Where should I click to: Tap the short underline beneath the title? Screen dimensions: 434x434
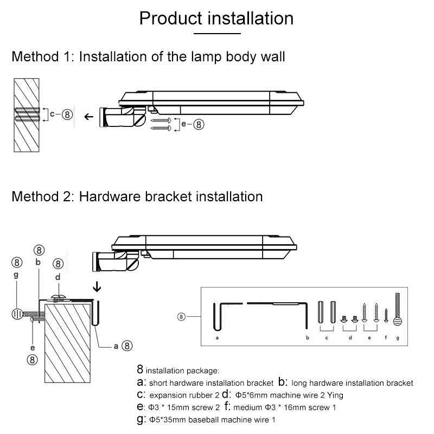[x=217, y=34]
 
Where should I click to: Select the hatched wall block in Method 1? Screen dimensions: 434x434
[x=28, y=117]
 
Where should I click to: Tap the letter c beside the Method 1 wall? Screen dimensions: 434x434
[x=52, y=114]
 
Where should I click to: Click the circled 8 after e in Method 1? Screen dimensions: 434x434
[x=199, y=124]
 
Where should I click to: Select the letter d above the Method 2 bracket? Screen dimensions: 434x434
[x=58, y=277]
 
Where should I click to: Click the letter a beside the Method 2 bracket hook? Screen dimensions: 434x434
[x=116, y=345]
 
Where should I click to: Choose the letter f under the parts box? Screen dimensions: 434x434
[x=386, y=337]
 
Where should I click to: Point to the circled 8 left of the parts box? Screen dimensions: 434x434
[x=181, y=316]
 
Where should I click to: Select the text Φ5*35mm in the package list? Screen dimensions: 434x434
[x=168, y=420]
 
